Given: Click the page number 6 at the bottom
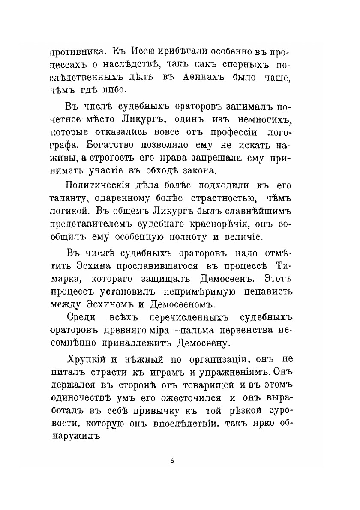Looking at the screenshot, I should (x=171, y=461).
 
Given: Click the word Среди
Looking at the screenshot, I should (x=83, y=318).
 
